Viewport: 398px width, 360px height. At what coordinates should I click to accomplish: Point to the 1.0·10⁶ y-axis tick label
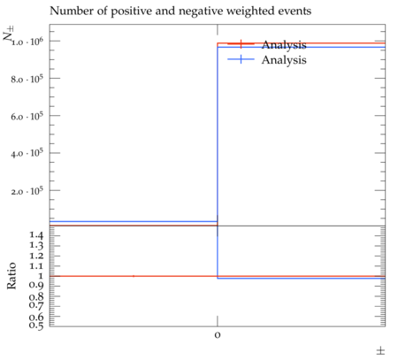click(27, 42)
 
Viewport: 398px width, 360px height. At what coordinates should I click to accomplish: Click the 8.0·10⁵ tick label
click(27, 79)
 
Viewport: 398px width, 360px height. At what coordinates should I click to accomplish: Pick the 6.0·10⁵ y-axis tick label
click(27, 117)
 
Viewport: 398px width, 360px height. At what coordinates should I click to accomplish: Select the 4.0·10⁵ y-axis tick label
click(27, 154)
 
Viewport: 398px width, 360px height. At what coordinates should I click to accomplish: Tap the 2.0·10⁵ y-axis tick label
click(27, 191)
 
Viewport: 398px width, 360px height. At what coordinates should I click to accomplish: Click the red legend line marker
click(241, 44)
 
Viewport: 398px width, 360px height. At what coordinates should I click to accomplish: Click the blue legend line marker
click(241, 59)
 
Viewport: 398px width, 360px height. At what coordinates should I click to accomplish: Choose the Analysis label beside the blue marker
click(284, 60)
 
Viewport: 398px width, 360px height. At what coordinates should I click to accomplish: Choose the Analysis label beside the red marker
click(284, 45)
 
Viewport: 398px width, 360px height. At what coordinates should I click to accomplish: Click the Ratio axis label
click(11, 276)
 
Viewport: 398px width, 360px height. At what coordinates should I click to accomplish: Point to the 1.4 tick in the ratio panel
click(36, 235)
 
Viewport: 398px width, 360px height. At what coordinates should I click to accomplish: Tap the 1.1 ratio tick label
click(36, 266)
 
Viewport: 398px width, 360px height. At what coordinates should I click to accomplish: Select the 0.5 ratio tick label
click(36, 325)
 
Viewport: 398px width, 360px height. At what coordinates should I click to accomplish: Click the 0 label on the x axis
click(218, 335)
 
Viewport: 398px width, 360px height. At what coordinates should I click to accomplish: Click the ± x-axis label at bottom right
click(380, 351)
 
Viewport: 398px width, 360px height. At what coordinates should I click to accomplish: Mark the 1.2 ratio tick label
click(36, 256)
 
